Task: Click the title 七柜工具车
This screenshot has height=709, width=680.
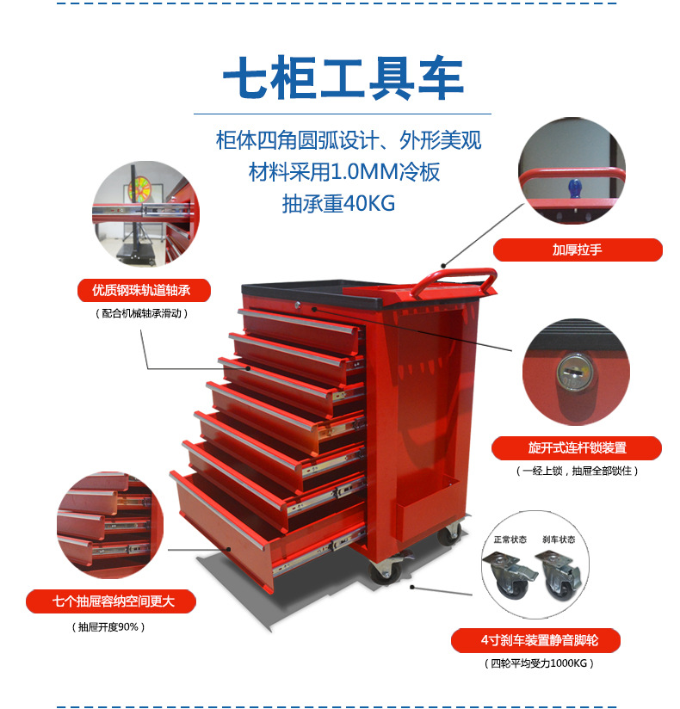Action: (x=343, y=78)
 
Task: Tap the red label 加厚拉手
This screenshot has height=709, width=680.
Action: (x=578, y=250)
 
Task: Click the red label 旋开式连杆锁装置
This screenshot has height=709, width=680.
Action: (x=577, y=448)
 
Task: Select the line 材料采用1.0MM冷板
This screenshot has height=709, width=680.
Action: (x=344, y=172)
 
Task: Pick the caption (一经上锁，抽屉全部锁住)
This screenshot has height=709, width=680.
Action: (x=578, y=472)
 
